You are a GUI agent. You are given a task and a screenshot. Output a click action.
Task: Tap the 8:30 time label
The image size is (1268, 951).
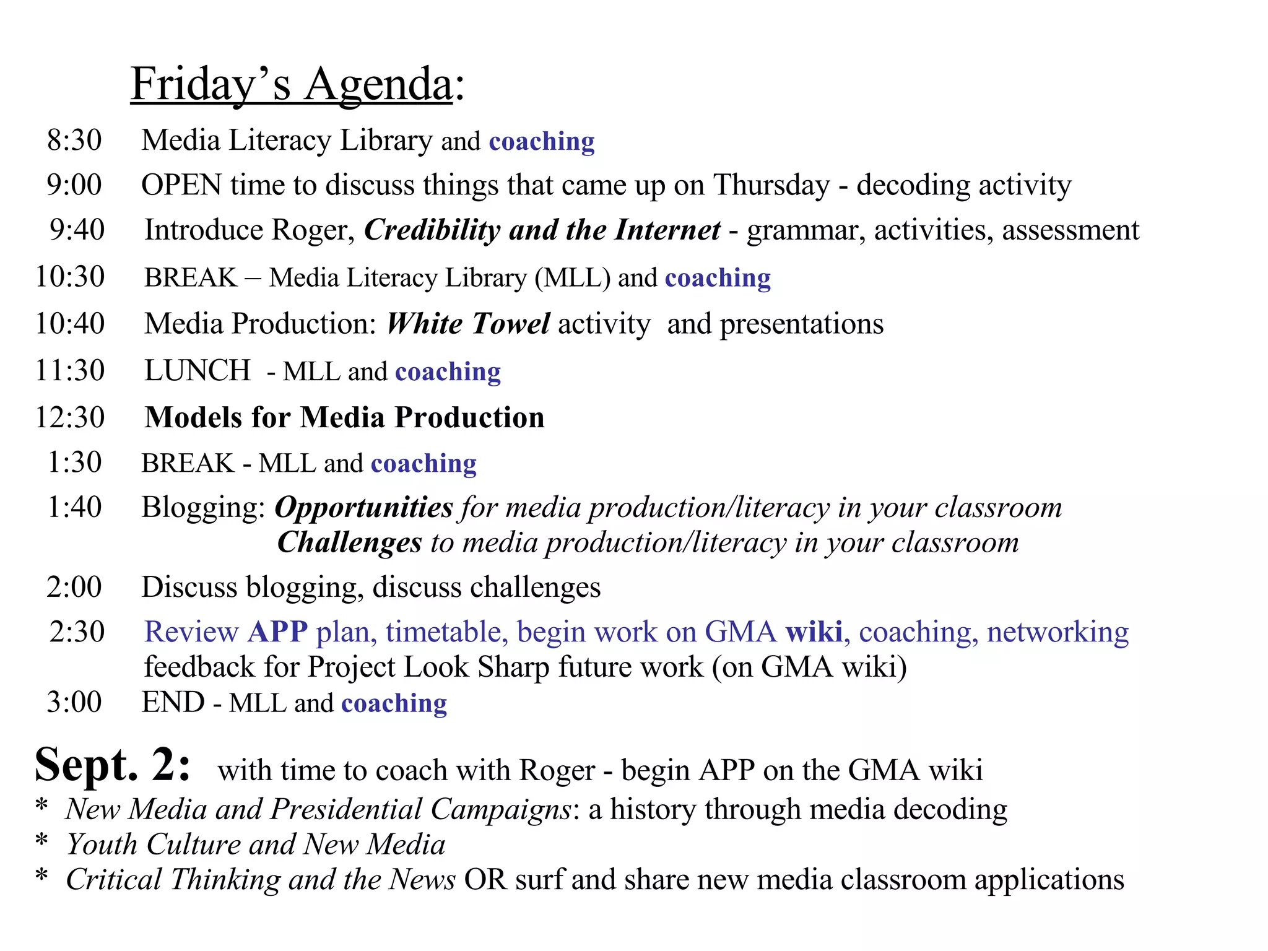click(74, 140)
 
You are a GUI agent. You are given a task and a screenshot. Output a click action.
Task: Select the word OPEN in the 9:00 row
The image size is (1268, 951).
click(181, 185)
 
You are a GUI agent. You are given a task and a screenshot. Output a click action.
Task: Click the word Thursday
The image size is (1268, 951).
click(771, 185)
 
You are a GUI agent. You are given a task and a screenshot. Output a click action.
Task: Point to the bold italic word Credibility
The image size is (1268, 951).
click(432, 230)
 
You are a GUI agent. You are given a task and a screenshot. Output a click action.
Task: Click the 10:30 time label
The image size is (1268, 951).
click(70, 276)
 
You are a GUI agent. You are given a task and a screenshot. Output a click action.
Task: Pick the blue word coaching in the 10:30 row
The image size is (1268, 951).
click(718, 277)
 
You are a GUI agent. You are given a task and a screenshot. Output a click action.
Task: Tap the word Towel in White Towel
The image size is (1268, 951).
click(510, 323)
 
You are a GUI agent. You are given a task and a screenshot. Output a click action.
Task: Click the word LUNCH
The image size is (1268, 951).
click(198, 370)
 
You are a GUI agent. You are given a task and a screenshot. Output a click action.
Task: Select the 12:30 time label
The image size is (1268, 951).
click(70, 417)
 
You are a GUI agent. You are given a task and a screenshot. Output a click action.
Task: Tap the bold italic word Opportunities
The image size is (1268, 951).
click(364, 508)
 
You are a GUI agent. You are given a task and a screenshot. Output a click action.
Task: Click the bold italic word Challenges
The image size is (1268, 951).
click(350, 542)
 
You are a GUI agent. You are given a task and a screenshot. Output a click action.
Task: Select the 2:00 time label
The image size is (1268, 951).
click(74, 587)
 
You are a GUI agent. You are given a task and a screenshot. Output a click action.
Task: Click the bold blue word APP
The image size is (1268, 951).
click(277, 632)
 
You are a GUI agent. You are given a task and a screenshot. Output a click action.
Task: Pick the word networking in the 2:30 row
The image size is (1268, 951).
click(1057, 632)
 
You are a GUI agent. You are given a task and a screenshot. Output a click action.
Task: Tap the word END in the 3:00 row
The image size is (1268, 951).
click(173, 702)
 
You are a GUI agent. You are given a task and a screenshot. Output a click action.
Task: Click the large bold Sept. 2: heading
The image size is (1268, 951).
click(113, 765)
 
